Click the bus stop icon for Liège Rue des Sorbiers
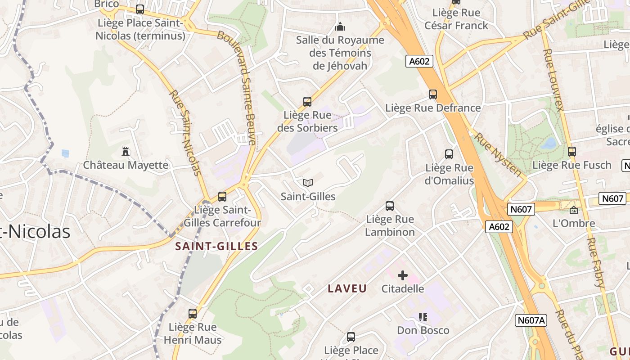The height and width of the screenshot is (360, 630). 307,102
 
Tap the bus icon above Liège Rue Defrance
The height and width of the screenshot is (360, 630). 433,94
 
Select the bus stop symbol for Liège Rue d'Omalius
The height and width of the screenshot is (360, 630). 449,154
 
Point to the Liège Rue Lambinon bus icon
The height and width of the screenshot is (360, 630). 390,206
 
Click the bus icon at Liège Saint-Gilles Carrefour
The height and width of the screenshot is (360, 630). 222,197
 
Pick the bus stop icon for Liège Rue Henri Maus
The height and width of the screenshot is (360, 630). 193,314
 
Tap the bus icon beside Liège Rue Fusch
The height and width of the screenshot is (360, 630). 572,152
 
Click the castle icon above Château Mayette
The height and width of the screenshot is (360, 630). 126,152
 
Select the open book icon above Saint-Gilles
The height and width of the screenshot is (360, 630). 308,183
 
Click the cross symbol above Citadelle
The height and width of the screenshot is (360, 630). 403,275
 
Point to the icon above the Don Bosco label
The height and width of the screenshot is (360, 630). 423,317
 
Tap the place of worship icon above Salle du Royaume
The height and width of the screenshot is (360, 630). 340,27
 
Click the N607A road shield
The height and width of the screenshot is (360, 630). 531,320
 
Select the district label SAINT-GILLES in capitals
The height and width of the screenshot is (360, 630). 216,246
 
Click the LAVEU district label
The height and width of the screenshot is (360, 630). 347,289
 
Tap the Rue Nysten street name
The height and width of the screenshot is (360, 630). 498,155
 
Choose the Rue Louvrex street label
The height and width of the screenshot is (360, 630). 553,80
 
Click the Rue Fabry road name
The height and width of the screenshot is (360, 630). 595,261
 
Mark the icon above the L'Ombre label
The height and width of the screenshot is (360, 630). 574,210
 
